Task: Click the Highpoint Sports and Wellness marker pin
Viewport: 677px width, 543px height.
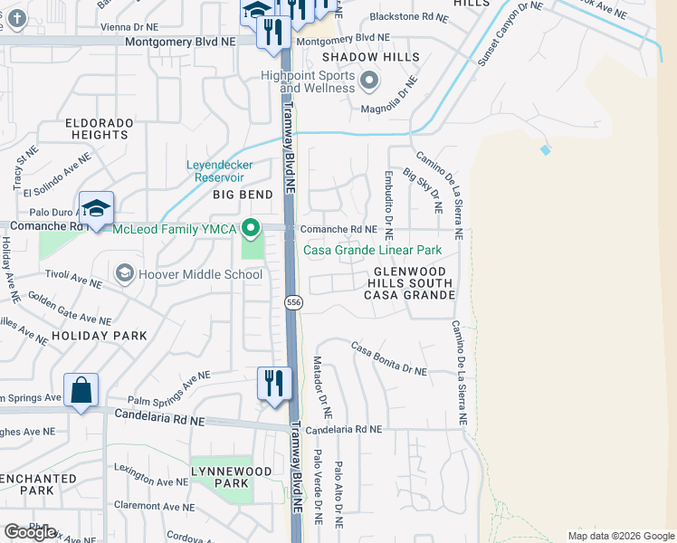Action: pos(368,82)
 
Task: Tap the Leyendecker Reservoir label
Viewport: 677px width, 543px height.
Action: pos(220,171)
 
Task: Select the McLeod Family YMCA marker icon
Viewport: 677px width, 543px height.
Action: pos(253,228)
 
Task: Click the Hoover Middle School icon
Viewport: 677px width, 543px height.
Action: pos(124,273)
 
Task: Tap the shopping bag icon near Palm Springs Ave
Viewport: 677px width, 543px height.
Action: pos(81,391)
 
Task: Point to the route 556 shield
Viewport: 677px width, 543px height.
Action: pos(292,302)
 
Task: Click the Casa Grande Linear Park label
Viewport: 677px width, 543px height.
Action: pos(372,250)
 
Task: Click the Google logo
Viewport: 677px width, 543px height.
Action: pos(31,532)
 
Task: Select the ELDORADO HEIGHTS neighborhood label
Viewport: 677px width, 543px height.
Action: pos(98,129)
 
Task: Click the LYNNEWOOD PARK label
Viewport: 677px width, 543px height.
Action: pos(232,477)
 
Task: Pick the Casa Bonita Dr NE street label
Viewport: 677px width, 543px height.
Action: pos(388,359)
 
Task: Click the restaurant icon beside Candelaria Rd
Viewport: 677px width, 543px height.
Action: pos(272,383)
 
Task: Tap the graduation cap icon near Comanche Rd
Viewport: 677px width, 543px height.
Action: pos(96,208)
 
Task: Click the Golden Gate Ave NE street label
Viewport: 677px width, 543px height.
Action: pos(71,308)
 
